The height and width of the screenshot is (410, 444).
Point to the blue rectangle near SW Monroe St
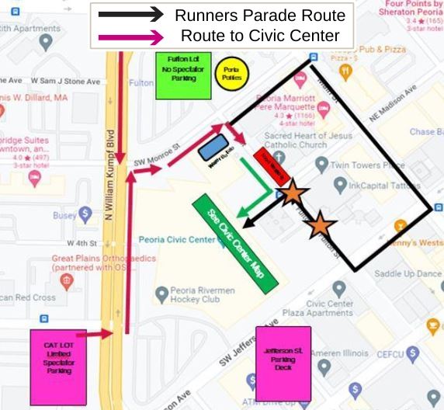(213, 145)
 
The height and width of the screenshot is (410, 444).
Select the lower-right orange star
(321, 226)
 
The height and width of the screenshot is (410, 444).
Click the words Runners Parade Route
(260, 15)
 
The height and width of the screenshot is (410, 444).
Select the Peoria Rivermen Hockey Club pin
(161, 294)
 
